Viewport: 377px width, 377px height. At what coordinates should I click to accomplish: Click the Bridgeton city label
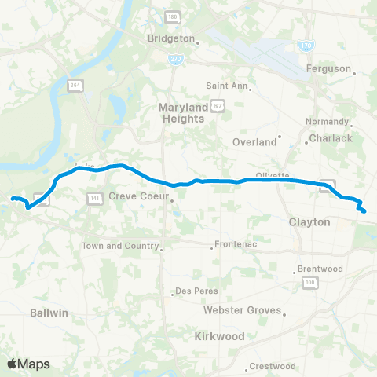[170, 38]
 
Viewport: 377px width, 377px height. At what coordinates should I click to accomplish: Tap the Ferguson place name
[328, 68]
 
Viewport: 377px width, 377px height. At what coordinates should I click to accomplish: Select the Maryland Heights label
[181, 112]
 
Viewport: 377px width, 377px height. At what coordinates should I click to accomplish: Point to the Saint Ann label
[226, 86]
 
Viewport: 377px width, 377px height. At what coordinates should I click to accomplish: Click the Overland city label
[255, 142]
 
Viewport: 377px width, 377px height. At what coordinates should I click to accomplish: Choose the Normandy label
[327, 122]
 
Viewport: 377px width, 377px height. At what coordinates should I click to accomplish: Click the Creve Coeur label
[138, 196]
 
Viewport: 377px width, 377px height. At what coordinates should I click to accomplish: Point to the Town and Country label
[119, 246]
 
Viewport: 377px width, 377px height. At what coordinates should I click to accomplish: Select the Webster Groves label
[240, 310]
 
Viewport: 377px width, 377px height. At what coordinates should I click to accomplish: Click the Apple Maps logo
[28, 364]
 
